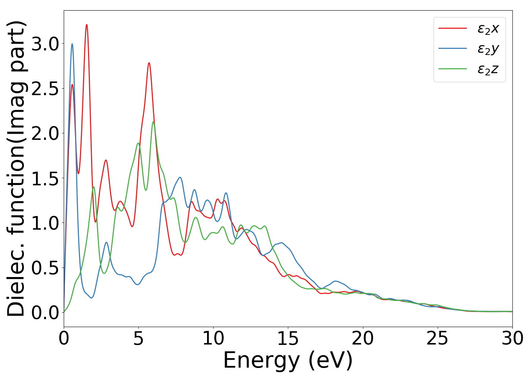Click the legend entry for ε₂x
pyautogui.click(x=488, y=28)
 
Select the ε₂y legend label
pyautogui.click(x=488, y=49)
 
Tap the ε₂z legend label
pyautogui.click(x=488, y=69)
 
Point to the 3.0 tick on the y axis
pyautogui.click(x=45, y=44)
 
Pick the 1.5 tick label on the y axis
pyautogui.click(x=45, y=179)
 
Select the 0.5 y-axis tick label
pyautogui.click(x=45, y=268)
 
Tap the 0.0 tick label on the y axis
pyautogui.click(x=45, y=313)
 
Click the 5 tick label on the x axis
pyautogui.click(x=138, y=338)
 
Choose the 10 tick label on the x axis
pyautogui.click(x=213, y=338)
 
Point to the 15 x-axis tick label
pyautogui.click(x=288, y=338)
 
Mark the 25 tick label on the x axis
pyautogui.click(x=437, y=338)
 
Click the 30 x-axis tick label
pyautogui.click(x=512, y=338)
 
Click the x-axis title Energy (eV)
pyautogui.click(x=288, y=360)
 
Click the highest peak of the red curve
pyautogui.click(x=87, y=25)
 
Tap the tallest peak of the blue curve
pyautogui.click(x=72, y=44)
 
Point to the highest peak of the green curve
pyautogui.click(x=153, y=122)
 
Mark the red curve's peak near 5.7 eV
pyautogui.click(x=149, y=63)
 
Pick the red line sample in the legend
pyautogui.click(x=452, y=28)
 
